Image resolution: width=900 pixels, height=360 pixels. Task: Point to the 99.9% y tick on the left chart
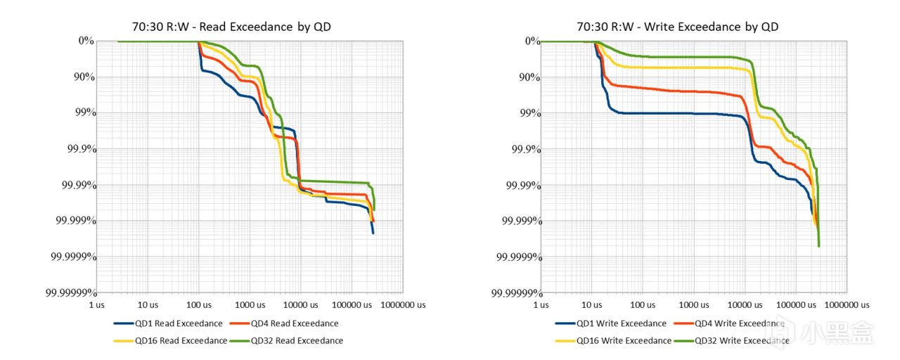click(79, 149)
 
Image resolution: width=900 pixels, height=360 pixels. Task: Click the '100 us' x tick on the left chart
click(198, 304)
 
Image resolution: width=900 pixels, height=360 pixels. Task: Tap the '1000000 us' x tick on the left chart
click(401, 304)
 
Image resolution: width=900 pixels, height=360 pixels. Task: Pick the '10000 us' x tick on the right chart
click(743, 304)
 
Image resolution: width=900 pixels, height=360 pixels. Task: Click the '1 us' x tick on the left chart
click(96, 304)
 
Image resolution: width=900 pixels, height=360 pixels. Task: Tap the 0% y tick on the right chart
click(532, 41)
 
